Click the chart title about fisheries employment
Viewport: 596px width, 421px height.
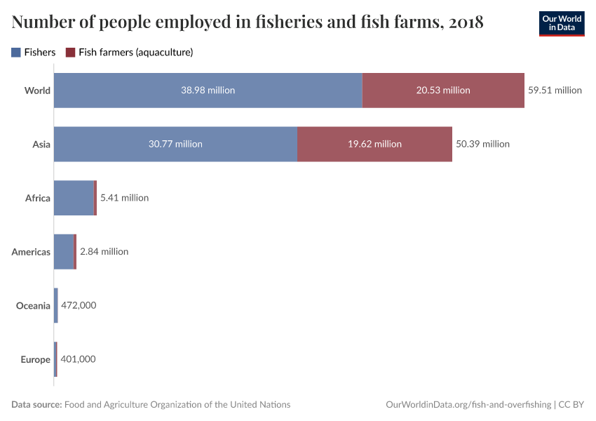point(248,22)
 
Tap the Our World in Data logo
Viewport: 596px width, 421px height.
point(561,23)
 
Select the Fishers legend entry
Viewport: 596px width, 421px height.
point(34,52)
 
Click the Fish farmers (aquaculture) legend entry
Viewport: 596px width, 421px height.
point(129,52)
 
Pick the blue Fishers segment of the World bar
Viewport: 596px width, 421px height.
point(208,90)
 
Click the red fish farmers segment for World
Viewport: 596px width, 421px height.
point(443,90)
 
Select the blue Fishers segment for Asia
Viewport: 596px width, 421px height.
point(175,144)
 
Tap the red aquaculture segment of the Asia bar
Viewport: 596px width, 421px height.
point(374,144)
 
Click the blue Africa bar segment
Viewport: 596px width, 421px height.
point(74,198)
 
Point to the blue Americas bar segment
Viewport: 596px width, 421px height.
point(64,251)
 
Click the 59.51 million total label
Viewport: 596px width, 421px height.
point(555,90)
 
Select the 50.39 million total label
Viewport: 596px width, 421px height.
point(482,144)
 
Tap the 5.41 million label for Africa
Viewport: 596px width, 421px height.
point(124,198)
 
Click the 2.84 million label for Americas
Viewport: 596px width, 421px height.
point(104,251)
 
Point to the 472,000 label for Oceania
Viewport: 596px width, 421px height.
point(79,305)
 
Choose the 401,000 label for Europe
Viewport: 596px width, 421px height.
point(78,359)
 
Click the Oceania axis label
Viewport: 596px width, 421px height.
point(33,305)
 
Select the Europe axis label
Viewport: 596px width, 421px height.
point(35,359)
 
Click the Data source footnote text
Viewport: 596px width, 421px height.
point(151,404)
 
